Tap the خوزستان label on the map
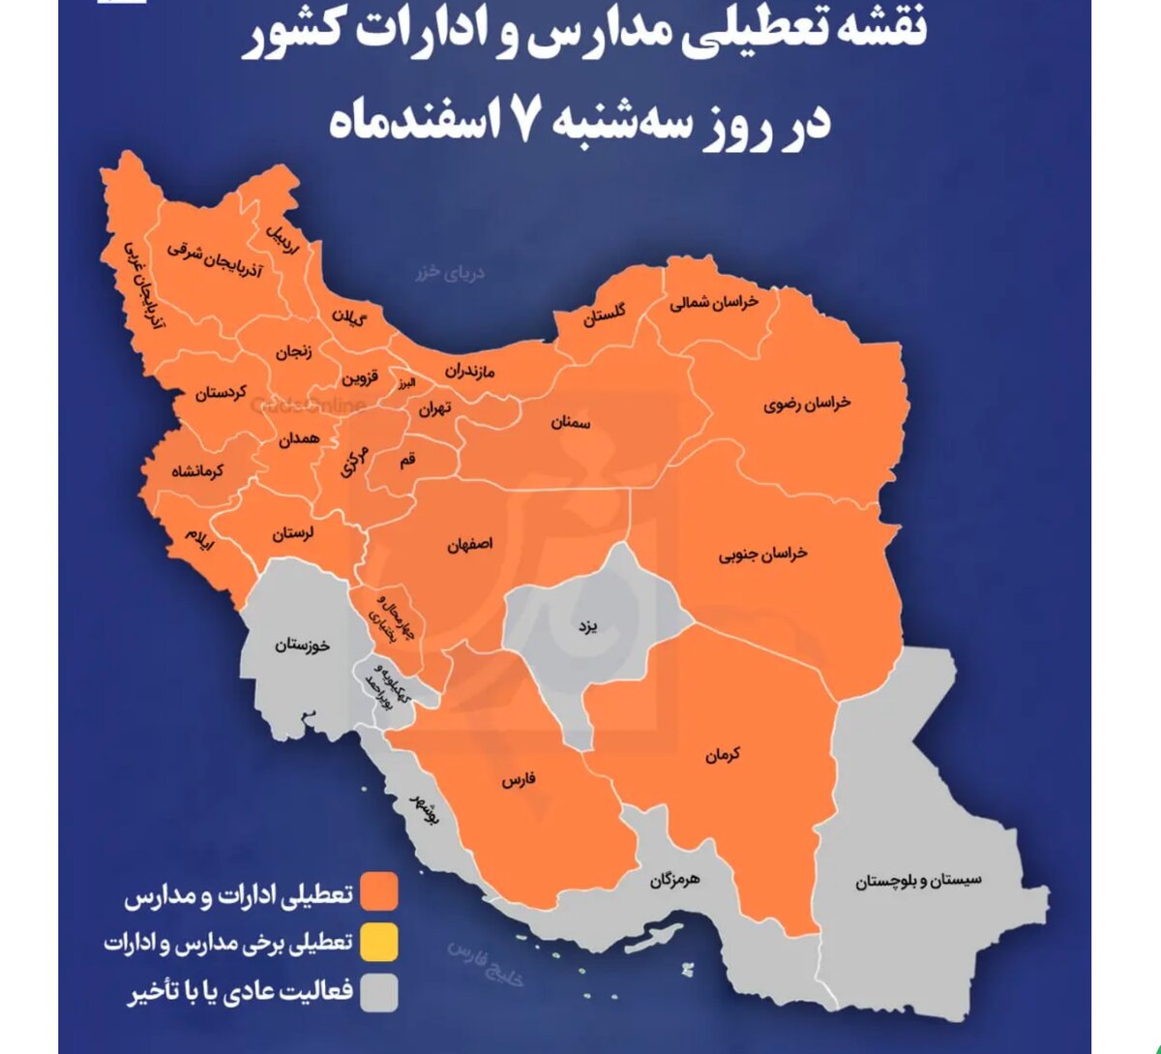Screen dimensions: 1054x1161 301,645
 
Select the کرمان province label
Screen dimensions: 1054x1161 722,754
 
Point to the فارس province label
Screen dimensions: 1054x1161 519,779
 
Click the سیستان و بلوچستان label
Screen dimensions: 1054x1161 917,881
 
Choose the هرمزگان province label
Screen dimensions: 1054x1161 673,880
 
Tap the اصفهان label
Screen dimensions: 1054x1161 469,545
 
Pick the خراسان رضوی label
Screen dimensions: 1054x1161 806,404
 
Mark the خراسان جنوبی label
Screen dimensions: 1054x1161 762,555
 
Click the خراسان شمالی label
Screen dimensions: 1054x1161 714,303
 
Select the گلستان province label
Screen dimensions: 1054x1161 604,315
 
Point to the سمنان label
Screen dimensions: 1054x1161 571,423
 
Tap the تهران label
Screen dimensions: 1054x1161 434,408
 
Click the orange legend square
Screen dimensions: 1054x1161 379,892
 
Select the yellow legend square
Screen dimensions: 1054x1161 379,943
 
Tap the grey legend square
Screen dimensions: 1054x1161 379,993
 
